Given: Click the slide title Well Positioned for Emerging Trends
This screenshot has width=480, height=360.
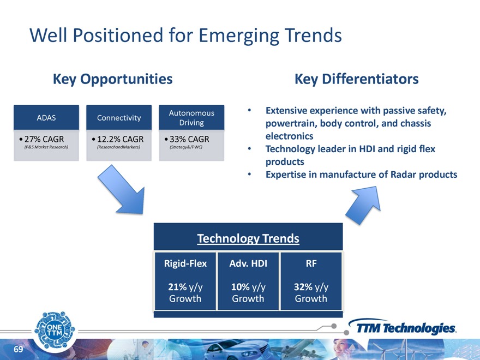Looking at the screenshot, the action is [x=185, y=35].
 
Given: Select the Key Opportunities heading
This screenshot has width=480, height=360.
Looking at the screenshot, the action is [x=113, y=79].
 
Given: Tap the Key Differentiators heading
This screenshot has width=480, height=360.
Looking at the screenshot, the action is [x=357, y=79].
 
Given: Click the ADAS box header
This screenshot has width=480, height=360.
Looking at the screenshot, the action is [x=46, y=118].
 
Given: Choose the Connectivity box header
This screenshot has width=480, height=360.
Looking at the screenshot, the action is [x=119, y=118].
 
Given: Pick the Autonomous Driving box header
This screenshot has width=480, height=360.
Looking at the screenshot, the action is [x=191, y=118].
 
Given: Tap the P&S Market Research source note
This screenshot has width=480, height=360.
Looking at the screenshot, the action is [x=46, y=147].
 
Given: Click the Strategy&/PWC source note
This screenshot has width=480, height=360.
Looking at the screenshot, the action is [x=186, y=147].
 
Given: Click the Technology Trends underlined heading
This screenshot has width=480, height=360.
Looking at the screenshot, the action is [x=248, y=238].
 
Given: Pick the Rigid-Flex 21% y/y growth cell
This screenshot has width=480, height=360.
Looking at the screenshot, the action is [x=185, y=281].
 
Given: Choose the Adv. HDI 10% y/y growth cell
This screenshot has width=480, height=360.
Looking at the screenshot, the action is [x=248, y=281].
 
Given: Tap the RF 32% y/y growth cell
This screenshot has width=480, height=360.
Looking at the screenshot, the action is [x=311, y=281].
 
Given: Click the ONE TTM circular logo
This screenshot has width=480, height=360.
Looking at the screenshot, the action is [x=55, y=331].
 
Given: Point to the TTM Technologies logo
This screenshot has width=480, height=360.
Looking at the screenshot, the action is [x=402, y=327].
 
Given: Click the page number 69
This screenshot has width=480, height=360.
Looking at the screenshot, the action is [x=19, y=349].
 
